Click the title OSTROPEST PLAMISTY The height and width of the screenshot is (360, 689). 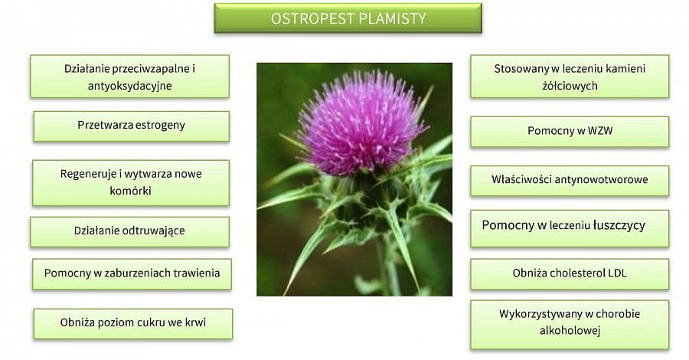coord(348,18)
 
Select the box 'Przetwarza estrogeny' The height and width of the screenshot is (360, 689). coord(132,126)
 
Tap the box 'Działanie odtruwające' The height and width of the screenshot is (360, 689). coord(129,231)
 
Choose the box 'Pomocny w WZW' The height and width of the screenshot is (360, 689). coord(570,132)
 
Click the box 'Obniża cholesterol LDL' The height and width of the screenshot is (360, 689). coord(570,274)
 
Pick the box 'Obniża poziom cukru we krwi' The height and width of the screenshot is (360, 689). coord(132,323)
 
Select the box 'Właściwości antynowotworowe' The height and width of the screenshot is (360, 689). coord(570,180)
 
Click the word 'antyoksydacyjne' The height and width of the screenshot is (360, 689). coord(129,86)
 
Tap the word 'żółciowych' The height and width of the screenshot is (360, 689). coord(570,86)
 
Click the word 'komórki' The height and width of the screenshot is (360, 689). coord(130,191)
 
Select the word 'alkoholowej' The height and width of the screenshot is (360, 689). coord(570,331)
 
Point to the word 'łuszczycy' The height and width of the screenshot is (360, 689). coord(619,225)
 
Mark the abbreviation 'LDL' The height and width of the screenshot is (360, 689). coord(617,273)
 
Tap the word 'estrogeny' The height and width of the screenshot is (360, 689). coord(160,126)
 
